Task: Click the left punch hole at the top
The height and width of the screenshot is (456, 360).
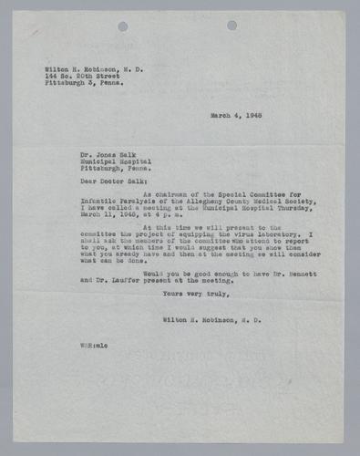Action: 122,26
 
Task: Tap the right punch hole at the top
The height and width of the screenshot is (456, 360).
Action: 231,26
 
